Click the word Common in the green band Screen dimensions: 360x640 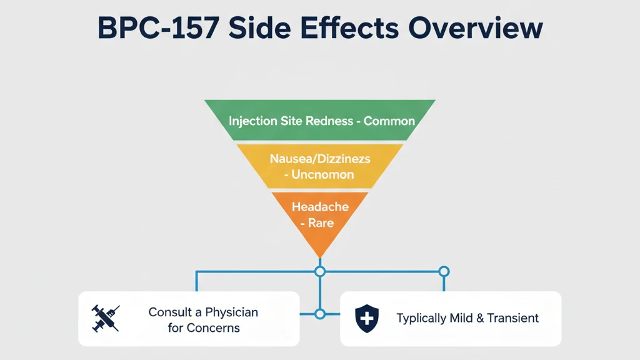click(x=389, y=121)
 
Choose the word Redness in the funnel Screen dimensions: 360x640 click(x=329, y=121)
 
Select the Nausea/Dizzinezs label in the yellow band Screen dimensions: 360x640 click(x=320, y=159)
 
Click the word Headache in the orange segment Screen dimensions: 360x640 click(x=320, y=206)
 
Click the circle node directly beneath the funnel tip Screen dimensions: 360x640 click(x=320, y=271)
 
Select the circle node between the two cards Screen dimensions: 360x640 click(x=320, y=314)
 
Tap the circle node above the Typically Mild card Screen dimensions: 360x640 click(x=444, y=271)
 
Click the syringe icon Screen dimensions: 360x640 click(x=106, y=318)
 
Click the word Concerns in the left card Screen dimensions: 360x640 click(x=214, y=327)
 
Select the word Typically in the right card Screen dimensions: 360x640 click(x=422, y=318)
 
